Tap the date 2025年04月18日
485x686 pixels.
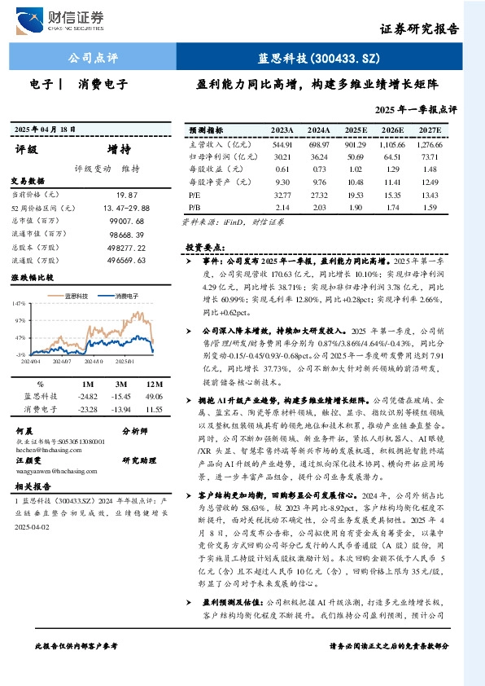pos(50,130)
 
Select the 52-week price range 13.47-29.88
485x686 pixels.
pos(123,209)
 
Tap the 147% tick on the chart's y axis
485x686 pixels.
pos(20,304)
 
